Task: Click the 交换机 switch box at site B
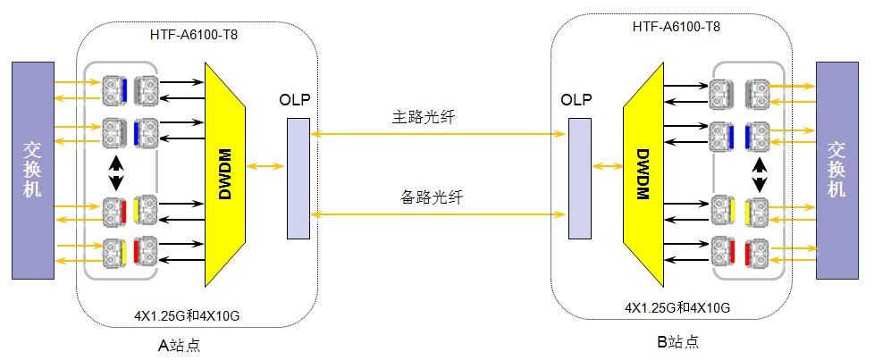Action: [836, 168]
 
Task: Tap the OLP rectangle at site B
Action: [579, 179]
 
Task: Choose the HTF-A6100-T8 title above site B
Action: [677, 27]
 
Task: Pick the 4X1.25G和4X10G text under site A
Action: [186, 315]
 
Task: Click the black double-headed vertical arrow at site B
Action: [759, 174]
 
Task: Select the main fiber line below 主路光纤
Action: [438, 133]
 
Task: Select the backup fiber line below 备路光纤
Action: [438, 213]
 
